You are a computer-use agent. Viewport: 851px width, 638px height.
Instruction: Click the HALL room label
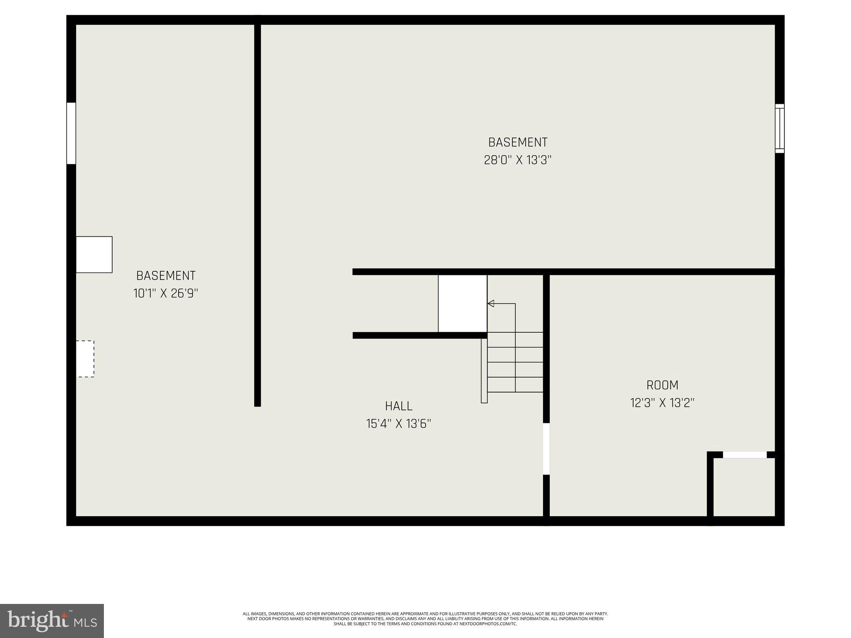[x=398, y=406]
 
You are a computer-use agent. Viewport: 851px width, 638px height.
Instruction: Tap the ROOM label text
[x=662, y=385]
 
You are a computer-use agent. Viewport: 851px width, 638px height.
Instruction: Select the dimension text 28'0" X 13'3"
[x=517, y=160]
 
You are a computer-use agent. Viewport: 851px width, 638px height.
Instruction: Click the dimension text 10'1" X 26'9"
[x=165, y=294]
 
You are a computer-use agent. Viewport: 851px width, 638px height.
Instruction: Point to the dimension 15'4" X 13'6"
[x=398, y=424]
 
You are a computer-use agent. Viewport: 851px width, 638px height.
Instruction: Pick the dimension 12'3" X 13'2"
[x=662, y=403]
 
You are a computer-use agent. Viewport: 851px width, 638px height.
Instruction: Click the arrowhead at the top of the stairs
[x=491, y=304]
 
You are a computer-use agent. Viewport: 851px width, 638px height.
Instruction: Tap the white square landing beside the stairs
[x=462, y=304]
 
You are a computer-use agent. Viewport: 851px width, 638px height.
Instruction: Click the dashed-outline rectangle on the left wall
[x=85, y=359]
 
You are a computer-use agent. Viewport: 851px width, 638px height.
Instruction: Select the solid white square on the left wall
[x=94, y=255]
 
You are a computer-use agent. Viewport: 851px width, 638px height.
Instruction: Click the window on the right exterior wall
[x=780, y=128]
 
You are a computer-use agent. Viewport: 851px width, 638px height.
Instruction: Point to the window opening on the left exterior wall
[x=71, y=133]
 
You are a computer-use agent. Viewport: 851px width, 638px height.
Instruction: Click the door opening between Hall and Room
[x=546, y=449]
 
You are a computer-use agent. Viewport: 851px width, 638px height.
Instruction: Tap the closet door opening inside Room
[x=745, y=455]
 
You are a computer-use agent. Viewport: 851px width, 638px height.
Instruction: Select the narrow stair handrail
[x=484, y=371]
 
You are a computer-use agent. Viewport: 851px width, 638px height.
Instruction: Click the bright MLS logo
[x=52, y=621]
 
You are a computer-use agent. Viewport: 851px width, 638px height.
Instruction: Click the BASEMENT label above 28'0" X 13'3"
[x=518, y=142]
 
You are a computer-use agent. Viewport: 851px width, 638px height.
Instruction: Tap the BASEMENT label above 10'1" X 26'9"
[x=166, y=276]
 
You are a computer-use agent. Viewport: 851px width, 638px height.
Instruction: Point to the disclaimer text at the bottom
[x=425, y=618]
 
